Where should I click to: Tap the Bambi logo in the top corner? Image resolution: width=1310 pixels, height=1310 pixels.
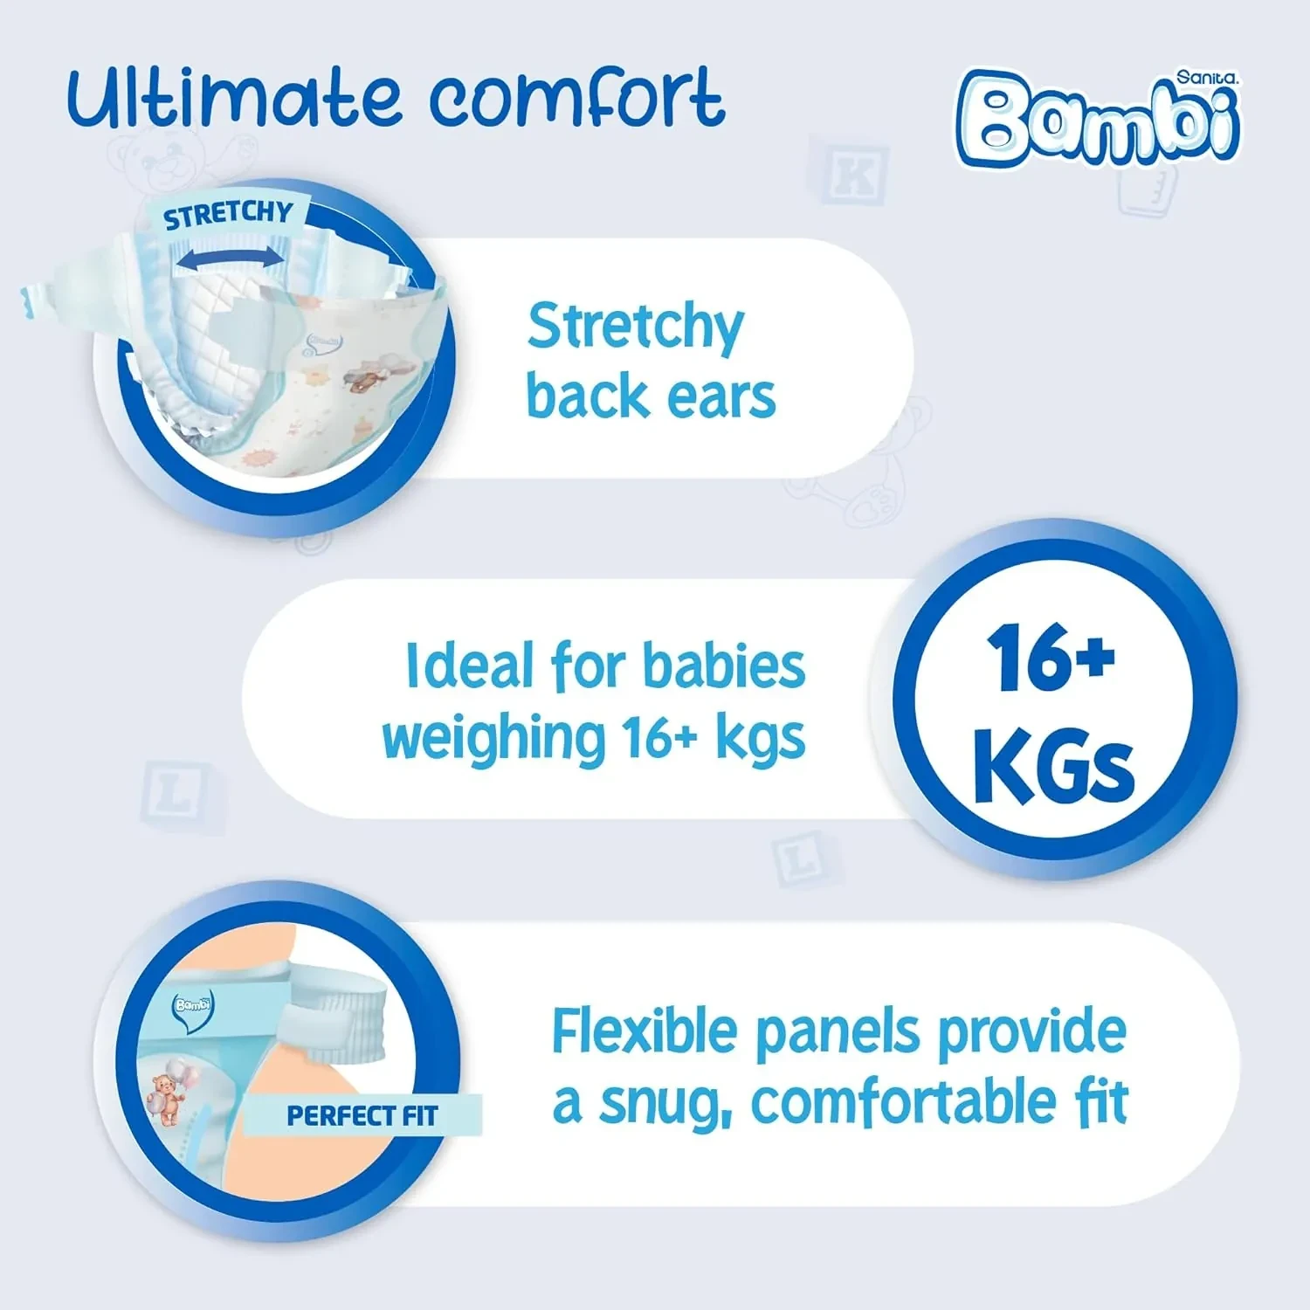[x=1098, y=118]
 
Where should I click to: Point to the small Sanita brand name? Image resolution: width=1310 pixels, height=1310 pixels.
[x=1207, y=78]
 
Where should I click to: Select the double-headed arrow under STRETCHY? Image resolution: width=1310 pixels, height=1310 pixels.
[x=229, y=256]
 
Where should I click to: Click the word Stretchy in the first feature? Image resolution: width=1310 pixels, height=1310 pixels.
[x=636, y=327]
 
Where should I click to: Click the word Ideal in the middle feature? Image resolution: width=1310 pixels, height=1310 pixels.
[x=469, y=665]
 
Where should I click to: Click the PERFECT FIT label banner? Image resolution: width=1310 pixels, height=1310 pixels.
[x=362, y=1115]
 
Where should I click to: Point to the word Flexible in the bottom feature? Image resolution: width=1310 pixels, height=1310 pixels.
[x=645, y=1031]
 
